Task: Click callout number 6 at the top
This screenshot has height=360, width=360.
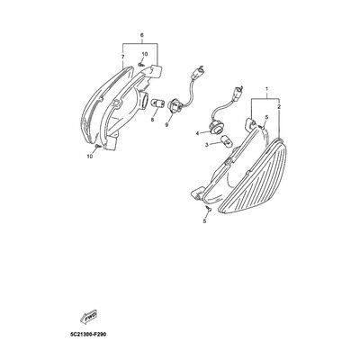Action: [142, 35]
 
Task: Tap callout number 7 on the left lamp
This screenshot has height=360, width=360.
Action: [123, 57]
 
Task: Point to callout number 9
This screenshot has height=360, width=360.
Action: [166, 125]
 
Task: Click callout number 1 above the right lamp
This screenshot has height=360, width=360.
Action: [266, 89]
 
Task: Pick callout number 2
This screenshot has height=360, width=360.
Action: [279, 106]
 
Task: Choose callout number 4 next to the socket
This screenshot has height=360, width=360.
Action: [198, 133]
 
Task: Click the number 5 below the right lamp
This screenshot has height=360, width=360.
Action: [204, 221]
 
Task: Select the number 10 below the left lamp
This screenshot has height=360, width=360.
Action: [90, 157]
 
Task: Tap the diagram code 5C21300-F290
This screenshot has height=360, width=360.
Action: [86, 335]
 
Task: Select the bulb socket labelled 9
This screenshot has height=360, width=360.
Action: [174, 105]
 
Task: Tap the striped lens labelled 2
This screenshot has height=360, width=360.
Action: [254, 176]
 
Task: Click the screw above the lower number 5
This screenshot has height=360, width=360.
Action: [209, 208]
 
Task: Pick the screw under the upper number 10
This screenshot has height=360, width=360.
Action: [140, 64]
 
